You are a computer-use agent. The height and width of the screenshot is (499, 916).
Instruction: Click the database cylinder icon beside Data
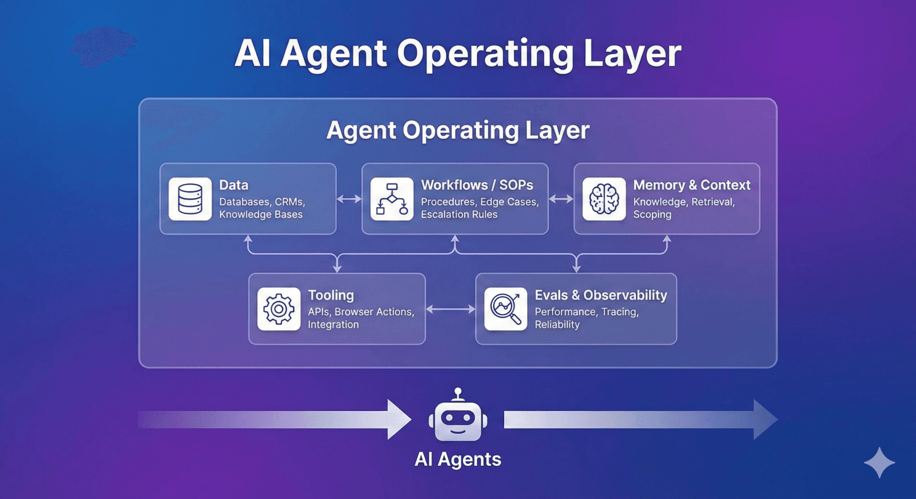tap(190, 199)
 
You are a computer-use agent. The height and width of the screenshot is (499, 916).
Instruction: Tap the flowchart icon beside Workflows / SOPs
tap(392, 199)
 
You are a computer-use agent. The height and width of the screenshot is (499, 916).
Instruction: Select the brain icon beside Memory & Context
tap(604, 199)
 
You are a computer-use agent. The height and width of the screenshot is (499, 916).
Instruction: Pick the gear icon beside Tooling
tap(279, 309)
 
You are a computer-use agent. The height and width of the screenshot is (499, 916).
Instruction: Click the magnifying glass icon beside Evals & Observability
tap(505, 309)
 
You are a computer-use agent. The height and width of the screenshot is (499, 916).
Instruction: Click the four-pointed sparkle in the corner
tap(879, 463)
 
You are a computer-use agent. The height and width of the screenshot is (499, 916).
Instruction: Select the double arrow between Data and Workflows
tap(349, 199)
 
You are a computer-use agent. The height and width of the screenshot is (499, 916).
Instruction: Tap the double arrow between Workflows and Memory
tap(561, 199)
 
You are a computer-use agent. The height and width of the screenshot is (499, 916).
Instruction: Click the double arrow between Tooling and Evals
tap(451, 309)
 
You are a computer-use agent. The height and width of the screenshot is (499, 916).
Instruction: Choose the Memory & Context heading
tap(691, 185)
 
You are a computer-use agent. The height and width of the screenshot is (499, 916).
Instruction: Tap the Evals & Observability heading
tap(600, 295)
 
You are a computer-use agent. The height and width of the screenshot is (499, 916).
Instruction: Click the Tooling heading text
tap(331, 295)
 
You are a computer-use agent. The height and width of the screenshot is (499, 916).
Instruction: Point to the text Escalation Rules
tap(459, 215)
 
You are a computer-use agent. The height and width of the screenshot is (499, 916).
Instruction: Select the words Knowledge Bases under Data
tap(261, 215)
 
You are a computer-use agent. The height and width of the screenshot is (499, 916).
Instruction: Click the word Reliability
tap(557, 324)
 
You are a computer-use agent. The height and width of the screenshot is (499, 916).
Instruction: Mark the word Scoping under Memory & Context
tap(652, 215)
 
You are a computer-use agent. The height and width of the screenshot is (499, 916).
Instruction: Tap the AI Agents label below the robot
tap(458, 459)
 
